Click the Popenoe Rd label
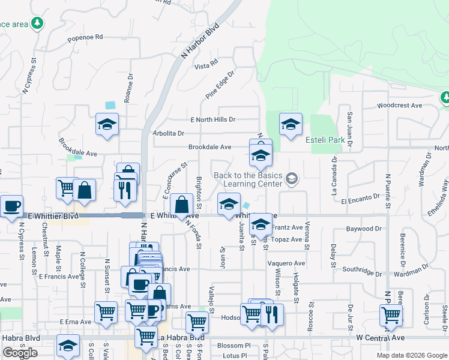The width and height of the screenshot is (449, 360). (x=85, y=37)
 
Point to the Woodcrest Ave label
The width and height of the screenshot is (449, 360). (x=399, y=106)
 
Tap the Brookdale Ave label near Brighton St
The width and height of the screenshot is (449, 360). (x=209, y=147)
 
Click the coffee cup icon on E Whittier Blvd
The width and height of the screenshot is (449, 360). (x=11, y=206)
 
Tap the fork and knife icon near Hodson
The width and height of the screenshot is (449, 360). (x=272, y=314)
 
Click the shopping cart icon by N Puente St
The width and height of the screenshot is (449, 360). (x=391, y=314)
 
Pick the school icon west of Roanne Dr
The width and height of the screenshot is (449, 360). (x=107, y=124)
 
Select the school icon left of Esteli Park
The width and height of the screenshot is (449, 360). (x=291, y=124)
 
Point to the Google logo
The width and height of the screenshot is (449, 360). (x=19, y=353)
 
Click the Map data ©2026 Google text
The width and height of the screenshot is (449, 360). (x=412, y=355)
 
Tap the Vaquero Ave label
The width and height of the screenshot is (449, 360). (x=286, y=263)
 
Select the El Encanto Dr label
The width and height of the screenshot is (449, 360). (x=361, y=197)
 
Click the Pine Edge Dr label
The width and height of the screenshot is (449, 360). (x=220, y=85)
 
